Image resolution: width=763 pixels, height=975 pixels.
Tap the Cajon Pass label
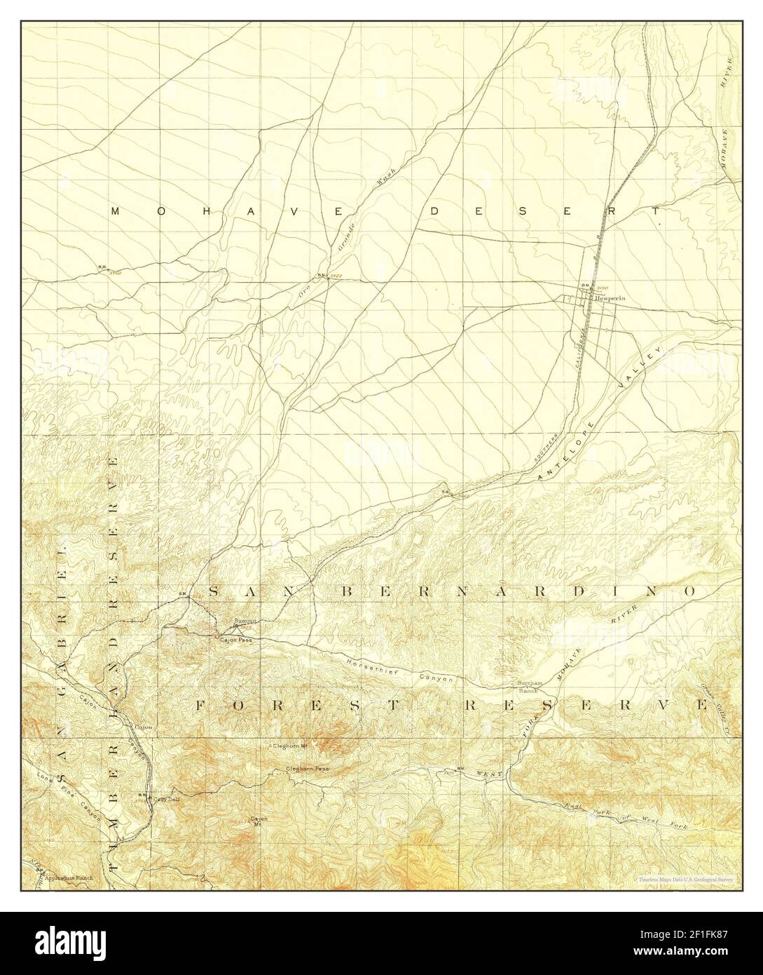pos(235,640)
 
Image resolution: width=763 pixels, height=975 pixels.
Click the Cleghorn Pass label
pos(308,769)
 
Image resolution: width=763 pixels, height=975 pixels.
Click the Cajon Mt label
pos(259,821)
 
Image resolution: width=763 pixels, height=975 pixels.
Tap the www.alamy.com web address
pos(694,955)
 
